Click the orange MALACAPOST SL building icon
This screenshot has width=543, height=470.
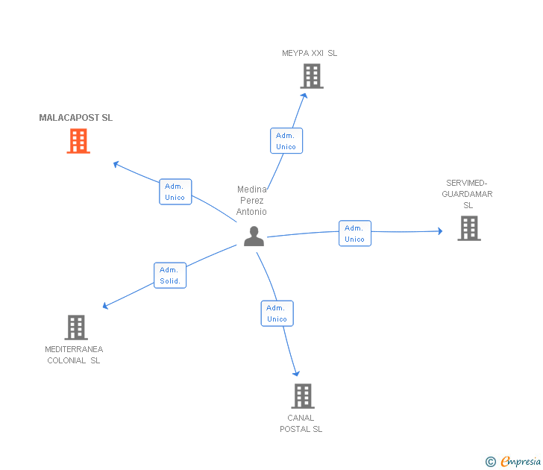pos(78,141)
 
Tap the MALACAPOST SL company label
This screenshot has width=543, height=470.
pos(76,118)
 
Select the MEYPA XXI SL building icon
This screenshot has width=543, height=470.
pos(312,76)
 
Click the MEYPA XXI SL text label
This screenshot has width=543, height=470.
pos(310,53)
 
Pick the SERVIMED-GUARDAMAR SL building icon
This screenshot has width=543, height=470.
pos(468,228)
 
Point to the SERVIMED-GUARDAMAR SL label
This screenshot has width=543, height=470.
pos(468,194)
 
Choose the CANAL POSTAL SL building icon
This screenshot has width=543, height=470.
pos(302,396)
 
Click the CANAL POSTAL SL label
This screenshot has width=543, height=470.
pos(301,424)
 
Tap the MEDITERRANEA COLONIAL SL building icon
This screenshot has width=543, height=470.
pos(76,328)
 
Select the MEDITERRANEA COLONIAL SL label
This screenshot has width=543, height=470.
pos(74,355)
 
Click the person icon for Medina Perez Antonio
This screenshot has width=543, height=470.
pos(254,236)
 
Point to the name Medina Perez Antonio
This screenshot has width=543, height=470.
pos(251,201)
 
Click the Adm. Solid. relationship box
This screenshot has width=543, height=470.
pos(170,275)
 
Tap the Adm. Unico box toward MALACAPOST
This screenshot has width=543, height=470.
pos(175,192)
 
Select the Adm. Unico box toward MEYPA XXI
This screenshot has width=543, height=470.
pos(286,141)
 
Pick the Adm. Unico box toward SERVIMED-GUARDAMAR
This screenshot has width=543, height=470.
pos(354,234)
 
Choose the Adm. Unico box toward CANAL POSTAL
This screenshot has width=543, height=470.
pos(277,313)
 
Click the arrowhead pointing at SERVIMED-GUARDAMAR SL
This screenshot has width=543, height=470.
pos(439,231)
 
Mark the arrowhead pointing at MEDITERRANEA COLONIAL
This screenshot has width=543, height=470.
pos(105,306)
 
